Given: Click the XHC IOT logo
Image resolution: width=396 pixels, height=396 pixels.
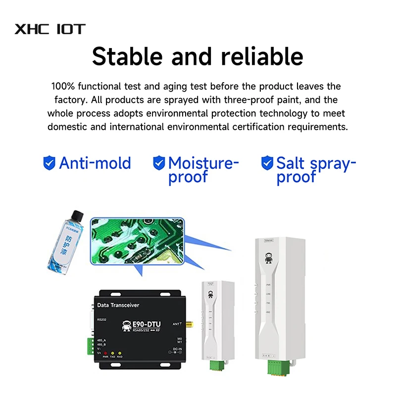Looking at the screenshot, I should pyautogui.click(x=50, y=29).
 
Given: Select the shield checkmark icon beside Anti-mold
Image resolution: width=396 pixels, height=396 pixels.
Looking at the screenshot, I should pyautogui.click(x=49, y=163).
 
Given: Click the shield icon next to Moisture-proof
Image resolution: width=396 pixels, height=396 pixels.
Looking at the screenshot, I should pyautogui.click(x=159, y=163).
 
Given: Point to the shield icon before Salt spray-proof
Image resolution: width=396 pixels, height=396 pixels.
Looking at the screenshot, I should pyautogui.click(x=267, y=163).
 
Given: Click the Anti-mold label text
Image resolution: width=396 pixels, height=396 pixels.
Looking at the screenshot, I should pyautogui.click(x=95, y=163).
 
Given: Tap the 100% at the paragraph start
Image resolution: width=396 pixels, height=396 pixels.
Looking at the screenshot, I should pyautogui.click(x=63, y=87).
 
